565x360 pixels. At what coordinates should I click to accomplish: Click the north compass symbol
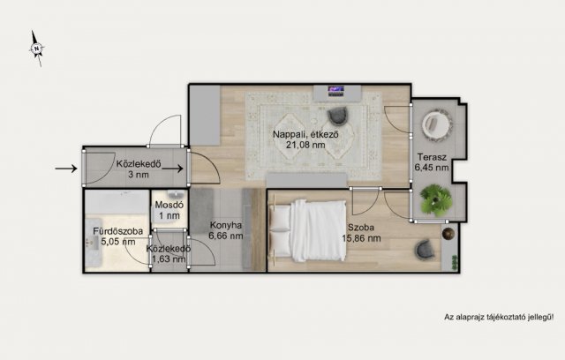(36, 49)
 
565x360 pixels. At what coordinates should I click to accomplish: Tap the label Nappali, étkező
(305, 135)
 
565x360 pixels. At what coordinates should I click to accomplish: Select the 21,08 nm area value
(305, 145)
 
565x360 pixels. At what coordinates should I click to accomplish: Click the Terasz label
(432, 157)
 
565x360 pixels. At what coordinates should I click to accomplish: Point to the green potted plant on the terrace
(436, 199)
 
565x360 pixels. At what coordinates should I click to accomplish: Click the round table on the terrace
(436, 124)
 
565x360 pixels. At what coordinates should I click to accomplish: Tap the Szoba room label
(361, 228)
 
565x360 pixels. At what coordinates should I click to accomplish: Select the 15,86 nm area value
(361, 238)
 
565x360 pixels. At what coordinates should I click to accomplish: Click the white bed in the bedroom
(307, 231)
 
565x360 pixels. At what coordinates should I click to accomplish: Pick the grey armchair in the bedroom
(424, 250)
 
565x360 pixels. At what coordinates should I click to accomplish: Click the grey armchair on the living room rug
(338, 116)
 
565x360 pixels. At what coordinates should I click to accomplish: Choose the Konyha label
(226, 226)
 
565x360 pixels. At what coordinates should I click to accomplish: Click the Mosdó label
(169, 206)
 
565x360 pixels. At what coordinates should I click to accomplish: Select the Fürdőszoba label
(117, 231)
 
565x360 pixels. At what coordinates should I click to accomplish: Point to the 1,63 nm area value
(169, 259)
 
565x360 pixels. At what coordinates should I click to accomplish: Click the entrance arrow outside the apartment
(66, 169)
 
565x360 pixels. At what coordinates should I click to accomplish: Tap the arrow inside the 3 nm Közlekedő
(172, 169)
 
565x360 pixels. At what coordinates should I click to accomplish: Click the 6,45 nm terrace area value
(432, 168)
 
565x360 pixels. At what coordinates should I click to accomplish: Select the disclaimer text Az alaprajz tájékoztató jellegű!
(499, 318)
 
